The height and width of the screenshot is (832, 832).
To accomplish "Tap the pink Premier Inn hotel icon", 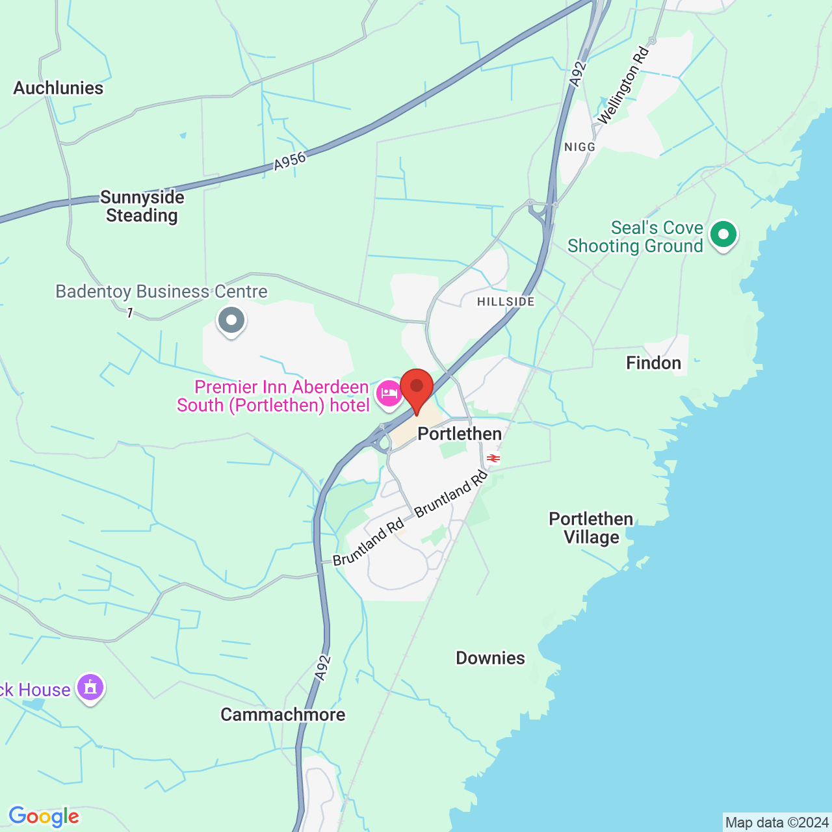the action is click(389, 394).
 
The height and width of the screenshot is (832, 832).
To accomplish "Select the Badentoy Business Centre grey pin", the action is click(231, 320).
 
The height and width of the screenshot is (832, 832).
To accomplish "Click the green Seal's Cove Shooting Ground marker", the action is click(723, 235).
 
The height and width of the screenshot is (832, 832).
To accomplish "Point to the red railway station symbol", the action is click(493, 459).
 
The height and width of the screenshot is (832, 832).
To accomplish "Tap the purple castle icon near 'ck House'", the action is click(90, 687).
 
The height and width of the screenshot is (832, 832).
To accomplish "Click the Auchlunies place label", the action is click(58, 88).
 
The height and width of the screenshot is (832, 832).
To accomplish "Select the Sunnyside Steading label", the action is click(142, 206).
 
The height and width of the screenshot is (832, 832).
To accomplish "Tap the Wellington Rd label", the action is click(623, 85).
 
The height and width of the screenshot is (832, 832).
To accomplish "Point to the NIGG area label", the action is click(580, 147).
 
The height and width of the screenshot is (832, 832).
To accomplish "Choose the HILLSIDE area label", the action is click(506, 302).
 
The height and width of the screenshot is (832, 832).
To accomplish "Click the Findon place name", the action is click(653, 363).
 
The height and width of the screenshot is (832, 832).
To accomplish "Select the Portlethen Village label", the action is click(591, 528).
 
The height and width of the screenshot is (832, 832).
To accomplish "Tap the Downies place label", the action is click(490, 658).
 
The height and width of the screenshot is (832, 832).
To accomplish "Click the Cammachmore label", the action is click(283, 714).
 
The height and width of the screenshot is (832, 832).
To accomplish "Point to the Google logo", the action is click(44, 816).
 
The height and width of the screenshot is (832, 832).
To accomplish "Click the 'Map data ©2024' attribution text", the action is click(777, 823).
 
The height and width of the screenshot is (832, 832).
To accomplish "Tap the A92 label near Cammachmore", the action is click(322, 668).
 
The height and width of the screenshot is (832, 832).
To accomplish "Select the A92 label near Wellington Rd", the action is click(578, 73).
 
